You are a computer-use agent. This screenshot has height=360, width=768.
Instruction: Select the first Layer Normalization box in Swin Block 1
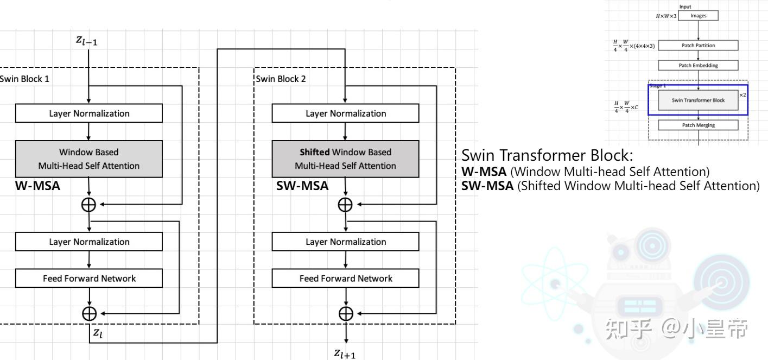89,113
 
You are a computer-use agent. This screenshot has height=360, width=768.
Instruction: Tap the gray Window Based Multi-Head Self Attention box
89,159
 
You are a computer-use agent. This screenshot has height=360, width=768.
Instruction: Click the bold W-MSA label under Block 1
37,186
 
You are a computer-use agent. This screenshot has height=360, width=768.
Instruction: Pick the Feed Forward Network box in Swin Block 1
89,279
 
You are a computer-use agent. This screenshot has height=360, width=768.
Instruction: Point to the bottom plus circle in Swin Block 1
89,313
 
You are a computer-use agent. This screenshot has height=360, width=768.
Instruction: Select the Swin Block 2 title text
281,79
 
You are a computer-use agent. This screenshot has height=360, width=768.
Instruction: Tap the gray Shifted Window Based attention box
345,159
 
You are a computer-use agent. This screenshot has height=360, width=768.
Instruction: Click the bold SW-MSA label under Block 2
302,186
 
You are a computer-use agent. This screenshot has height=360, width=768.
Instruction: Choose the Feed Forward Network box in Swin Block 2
345,279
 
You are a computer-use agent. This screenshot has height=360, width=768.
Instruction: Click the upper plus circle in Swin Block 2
345,205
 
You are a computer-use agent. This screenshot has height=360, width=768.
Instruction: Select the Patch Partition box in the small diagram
698,46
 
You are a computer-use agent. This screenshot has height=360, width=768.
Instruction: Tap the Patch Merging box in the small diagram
698,125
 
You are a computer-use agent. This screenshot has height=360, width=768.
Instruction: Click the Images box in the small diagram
698,16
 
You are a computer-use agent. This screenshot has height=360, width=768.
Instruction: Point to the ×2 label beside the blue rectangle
743,95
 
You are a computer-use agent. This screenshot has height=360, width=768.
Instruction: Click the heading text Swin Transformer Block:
547,156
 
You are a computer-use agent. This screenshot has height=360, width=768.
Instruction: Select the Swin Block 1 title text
24,79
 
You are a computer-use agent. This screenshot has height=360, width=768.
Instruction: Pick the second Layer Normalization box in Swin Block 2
345,242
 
